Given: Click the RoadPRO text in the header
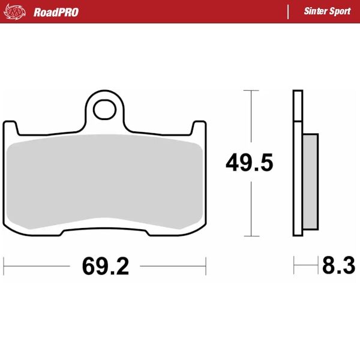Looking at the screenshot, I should [x=56, y=12].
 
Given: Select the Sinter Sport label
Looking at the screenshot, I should [x=326, y=12].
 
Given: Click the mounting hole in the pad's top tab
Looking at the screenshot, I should [x=106, y=109].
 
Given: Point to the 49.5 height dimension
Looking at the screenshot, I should [x=250, y=163].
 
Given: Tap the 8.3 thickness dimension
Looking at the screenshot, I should [x=338, y=265].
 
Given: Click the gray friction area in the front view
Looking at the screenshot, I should [x=106, y=180].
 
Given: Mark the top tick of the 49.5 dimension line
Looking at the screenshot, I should [x=251, y=91].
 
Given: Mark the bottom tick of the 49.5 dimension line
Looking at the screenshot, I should [x=251, y=236].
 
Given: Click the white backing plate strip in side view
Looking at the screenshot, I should [x=297, y=162].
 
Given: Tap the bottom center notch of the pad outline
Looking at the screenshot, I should [x=106, y=224].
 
